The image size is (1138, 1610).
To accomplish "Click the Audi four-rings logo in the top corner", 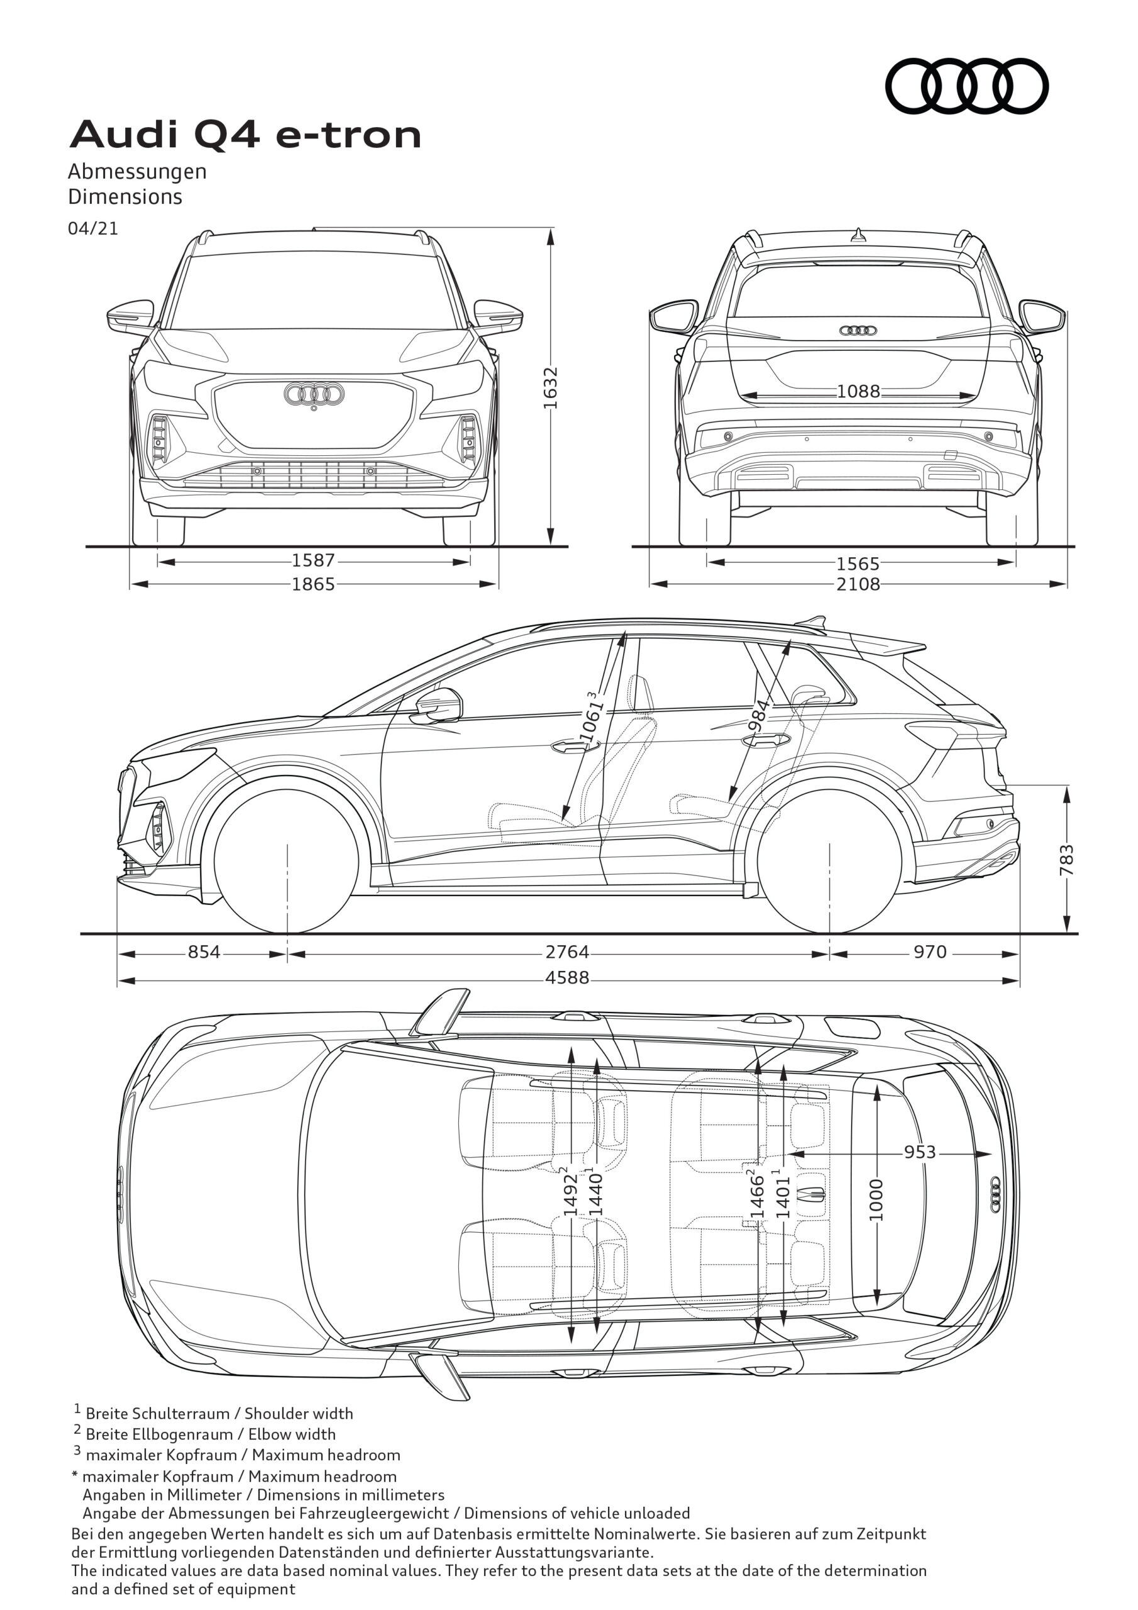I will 966,86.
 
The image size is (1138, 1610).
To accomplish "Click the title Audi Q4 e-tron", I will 245,135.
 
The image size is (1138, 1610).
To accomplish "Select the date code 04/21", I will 92,228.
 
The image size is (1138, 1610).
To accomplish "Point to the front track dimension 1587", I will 314,560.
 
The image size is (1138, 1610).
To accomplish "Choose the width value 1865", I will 314,584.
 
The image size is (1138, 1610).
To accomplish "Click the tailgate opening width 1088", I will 858,391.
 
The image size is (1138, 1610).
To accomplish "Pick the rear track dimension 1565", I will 858,563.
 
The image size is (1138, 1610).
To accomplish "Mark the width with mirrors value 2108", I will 858,584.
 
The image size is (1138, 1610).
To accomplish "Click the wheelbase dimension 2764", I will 567,952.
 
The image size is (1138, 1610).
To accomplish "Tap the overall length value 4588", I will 567,977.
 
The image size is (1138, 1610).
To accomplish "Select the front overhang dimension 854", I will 204,952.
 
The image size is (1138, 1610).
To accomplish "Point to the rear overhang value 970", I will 930,952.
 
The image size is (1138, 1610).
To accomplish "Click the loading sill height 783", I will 1066,860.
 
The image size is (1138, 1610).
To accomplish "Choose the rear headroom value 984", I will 759,714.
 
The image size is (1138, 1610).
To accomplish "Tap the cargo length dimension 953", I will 919,1152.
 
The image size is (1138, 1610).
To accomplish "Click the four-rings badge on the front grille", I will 314,394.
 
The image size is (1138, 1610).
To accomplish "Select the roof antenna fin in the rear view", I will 858,236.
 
